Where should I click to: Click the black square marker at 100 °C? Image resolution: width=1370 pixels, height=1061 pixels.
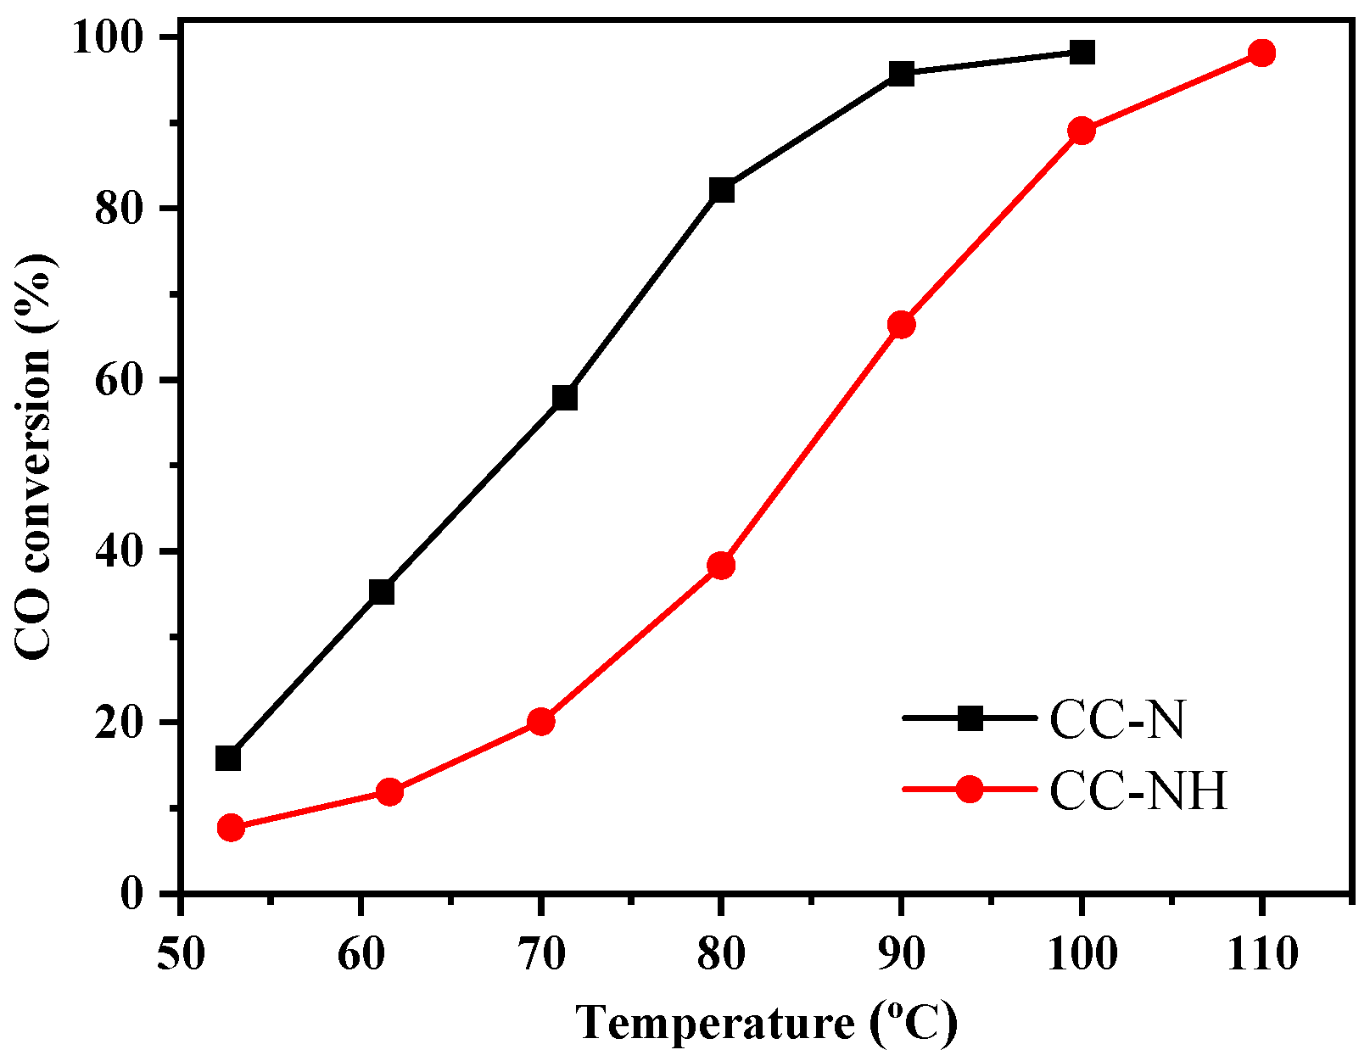tap(1082, 53)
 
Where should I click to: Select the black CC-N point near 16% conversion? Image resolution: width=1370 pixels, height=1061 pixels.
tap(228, 757)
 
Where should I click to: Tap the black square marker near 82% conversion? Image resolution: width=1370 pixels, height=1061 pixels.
tap(722, 190)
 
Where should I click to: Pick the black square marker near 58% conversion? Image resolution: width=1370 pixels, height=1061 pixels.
tap(564, 397)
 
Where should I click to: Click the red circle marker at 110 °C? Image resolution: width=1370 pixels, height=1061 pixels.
tap(1261, 53)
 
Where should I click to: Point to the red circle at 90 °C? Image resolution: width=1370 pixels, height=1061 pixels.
tap(901, 325)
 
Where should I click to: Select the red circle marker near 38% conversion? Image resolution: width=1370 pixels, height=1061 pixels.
tap(721, 565)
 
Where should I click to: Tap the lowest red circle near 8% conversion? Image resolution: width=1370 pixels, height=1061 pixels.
tap(231, 828)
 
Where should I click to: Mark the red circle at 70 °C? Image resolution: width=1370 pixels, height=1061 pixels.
tap(541, 722)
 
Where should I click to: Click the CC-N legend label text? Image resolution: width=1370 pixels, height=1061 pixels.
tap(1116, 721)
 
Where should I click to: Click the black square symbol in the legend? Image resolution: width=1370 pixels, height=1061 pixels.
tap(970, 718)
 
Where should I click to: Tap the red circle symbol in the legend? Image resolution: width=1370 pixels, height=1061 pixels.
tap(970, 790)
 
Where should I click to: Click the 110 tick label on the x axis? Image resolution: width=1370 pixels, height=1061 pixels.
tap(1261, 955)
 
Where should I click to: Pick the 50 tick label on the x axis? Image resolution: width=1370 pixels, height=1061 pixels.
tap(181, 955)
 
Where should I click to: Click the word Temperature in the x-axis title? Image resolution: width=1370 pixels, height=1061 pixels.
tap(716, 1023)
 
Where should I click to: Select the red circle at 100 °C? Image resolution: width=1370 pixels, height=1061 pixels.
tap(1082, 131)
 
